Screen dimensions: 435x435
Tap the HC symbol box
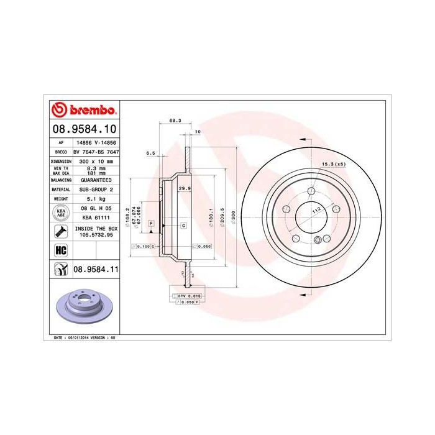pos(61,250)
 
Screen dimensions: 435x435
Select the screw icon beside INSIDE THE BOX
pos(61,232)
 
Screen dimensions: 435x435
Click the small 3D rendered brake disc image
pos(84,308)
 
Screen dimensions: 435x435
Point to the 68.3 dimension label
pos(175,122)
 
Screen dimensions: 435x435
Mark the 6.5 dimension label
pos(150,152)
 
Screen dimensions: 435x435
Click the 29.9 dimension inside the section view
pos(184,187)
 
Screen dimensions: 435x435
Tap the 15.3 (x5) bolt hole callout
pos(332,164)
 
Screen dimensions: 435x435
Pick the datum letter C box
pos(184,224)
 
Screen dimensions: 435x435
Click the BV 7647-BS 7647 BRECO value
pos(96,151)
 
